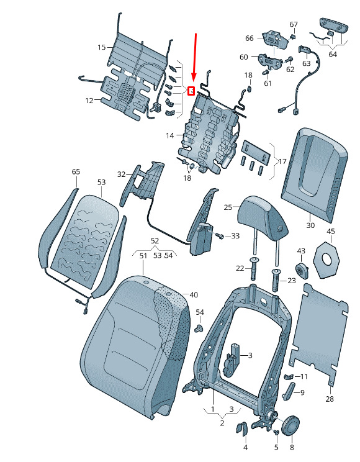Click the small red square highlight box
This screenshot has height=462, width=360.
pyautogui.click(x=191, y=91)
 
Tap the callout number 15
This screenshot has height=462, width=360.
pyautogui.click(x=101, y=47)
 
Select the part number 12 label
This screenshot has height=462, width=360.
pyautogui.click(x=89, y=101)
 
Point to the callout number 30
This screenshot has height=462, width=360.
pyautogui.click(x=310, y=225)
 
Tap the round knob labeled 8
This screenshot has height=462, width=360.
pyautogui.click(x=290, y=425)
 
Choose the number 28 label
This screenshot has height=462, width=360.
pyautogui.click(x=330, y=399)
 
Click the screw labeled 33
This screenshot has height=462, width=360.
pyautogui.click(x=220, y=236)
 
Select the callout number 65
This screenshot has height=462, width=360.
pyautogui.click(x=76, y=171)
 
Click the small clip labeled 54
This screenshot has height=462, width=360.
pyautogui.click(x=199, y=328)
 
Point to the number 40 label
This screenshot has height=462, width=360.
pyautogui.click(x=194, y=294)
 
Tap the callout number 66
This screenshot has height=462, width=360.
pyautogui.click(x=250, y=38)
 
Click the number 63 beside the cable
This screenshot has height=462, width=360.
pyautogui.click(x=307, y=63)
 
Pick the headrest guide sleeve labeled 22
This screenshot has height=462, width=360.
pyautogui.click(x=254, y=269)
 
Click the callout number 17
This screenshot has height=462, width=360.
pyautogui.click(x=282, y=161)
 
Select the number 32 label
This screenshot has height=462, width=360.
pyautogui.click(x=122, y=174)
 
